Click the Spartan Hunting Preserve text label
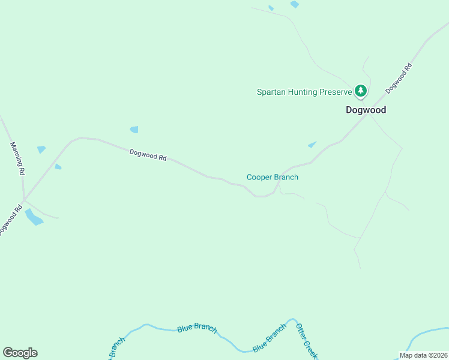[304, 92]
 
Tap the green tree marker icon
[360, 91]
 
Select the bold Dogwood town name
[366, 110]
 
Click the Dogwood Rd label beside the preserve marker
[400, 79]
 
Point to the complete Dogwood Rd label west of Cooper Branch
[148, 155]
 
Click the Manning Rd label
[17, 158]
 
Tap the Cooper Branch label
[273, 177]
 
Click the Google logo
[20, 353]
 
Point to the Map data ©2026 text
[423, 355]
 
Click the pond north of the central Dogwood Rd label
[134, 129]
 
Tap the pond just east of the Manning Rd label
[41, 149]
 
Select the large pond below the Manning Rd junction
[34, 217]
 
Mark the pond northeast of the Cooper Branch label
[312, 145]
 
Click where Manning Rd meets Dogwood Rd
[23, 199]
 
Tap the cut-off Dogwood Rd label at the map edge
[10, 220]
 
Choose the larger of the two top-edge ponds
[295, 4]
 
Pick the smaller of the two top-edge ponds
[271, 8]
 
